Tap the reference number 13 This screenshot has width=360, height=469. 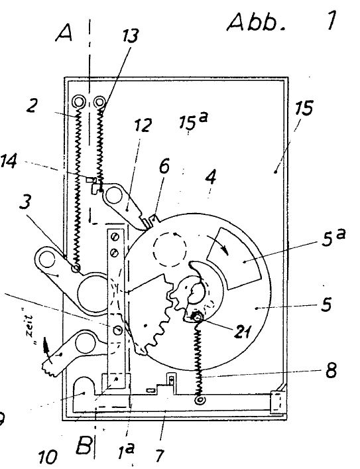131,36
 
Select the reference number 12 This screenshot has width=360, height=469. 143,125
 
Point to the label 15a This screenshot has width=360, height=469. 193,120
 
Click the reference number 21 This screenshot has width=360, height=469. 243,332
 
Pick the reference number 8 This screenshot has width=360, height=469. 331,370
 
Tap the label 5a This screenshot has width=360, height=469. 333,237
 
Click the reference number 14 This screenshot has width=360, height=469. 9,161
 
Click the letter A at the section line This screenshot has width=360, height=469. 64,33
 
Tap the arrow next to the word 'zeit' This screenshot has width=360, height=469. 46,350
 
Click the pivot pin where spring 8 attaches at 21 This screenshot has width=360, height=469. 197,316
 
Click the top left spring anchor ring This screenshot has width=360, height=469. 79,102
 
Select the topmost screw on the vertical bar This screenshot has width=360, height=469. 115,237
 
